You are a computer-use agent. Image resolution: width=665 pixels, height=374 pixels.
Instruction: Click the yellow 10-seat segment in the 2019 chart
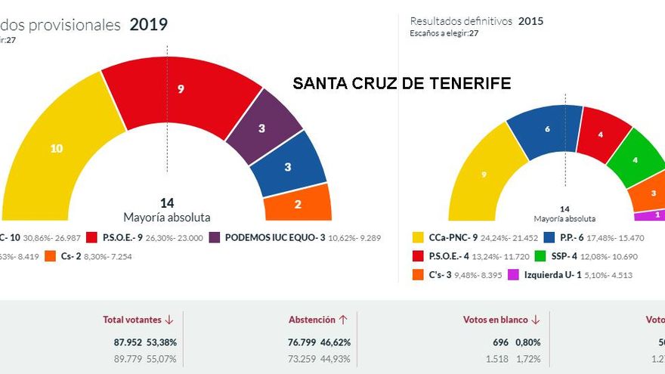pos(57,149)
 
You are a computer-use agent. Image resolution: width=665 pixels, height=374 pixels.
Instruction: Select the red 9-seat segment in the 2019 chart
pos(181,90)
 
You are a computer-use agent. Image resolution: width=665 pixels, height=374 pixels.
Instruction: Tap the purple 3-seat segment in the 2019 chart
pos(261,128)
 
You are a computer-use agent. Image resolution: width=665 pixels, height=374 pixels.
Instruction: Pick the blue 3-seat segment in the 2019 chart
pos(288,167)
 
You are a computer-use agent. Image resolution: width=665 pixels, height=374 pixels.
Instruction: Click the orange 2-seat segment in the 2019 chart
pos(298,204)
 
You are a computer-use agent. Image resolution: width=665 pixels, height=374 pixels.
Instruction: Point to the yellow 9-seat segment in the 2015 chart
pos(483,175)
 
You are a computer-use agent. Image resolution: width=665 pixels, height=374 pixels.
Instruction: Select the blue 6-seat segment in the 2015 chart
pos(546,130)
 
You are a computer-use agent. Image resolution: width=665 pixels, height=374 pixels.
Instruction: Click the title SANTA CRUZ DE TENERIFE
pos(401,83)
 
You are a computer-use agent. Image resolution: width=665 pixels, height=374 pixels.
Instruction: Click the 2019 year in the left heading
pos(148,24)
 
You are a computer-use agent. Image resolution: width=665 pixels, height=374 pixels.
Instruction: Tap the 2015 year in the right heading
pos(530,21)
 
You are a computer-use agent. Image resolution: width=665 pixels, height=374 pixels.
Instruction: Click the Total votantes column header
pos(134,320)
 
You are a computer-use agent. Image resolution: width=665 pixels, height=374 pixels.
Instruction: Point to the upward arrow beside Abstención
pos(343,320)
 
